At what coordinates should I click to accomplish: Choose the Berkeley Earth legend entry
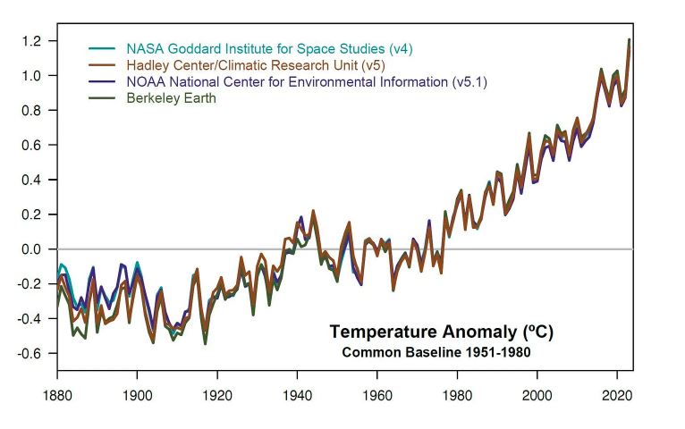click(171, 98)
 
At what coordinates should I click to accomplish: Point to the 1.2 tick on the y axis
click(32, 41)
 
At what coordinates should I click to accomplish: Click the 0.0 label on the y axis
click(32, 249)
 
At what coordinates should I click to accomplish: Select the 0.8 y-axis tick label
click(32, 111)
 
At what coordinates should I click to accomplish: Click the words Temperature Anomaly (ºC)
click(442, 332)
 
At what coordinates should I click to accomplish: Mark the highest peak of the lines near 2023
click(630, 40)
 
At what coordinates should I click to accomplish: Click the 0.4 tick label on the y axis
click(32, 180)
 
